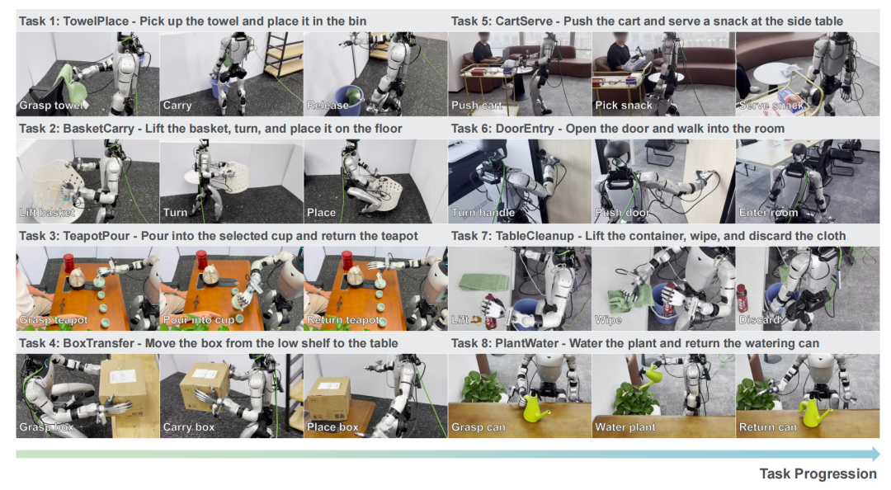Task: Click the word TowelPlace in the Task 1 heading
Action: click(96, 21)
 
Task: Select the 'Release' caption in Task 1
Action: click(328, 105)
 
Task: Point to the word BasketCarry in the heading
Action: click(99, 129)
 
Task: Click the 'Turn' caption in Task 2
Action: click(175, 213)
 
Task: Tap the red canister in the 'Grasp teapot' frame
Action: click(68, 262)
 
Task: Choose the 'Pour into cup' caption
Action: click(198, 320)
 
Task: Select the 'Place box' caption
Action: click(332, 427)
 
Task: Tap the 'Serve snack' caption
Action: click(771, 105)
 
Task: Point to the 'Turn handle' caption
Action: click(483, 213)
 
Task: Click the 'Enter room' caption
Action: click(768, 213)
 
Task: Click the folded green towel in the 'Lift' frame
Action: click(484, 281)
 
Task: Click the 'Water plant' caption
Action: click(625, 427)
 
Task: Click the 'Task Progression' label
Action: click(818, 474)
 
